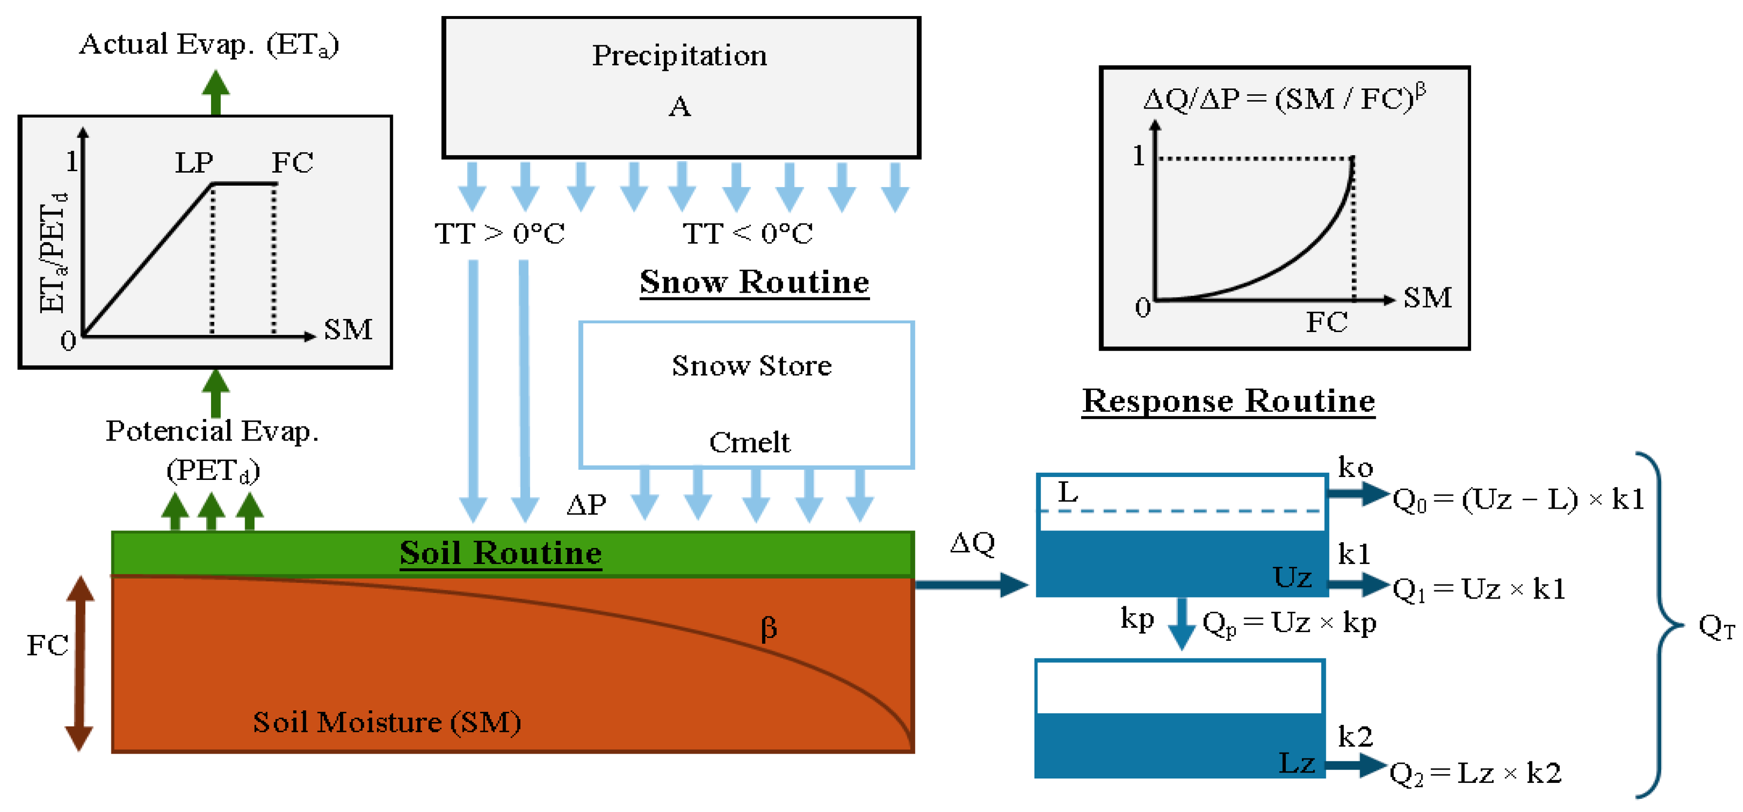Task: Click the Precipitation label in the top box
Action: (x=679, y=55)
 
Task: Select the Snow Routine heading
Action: (x=754, y=282)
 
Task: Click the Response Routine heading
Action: (x=1228, y=401)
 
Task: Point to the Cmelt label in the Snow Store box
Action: (x=749, y=442)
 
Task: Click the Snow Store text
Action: (x=751, y=366)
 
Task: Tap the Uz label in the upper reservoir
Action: (x=1292, y=577)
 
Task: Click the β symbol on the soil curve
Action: (x=769, y=628)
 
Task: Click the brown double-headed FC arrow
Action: (x=79, y=663)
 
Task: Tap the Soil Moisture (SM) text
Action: (x=387, y=722)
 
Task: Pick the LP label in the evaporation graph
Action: (x=194, y=162)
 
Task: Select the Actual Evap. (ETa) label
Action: (x=209, y=45)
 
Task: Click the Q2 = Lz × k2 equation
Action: (x=1475, y=773)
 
